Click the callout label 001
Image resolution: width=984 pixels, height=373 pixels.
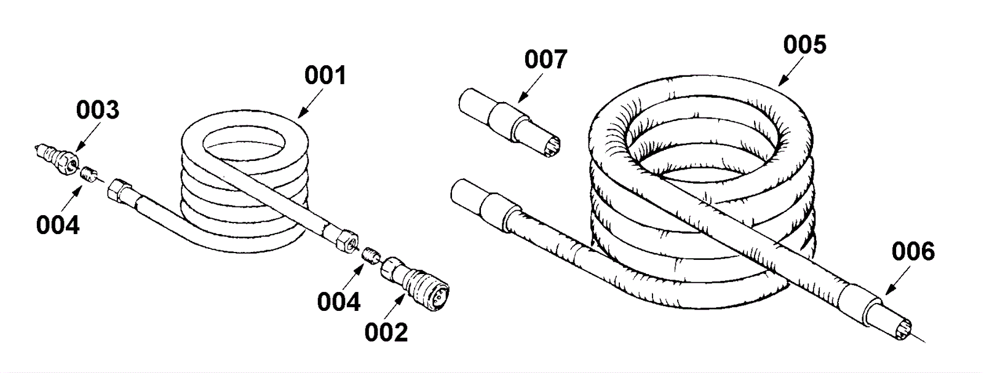[325, 76]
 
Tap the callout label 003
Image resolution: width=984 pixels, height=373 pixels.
[97, 111]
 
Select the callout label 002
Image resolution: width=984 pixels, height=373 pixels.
[386, 332]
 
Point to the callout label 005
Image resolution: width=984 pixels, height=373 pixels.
[804, 45]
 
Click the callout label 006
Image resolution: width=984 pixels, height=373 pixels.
[913, 251]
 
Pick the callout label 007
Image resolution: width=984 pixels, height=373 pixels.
[545, 60]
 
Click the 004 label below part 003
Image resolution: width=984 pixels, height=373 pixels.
[58, 225]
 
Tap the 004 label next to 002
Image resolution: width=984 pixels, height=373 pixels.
[339, 301]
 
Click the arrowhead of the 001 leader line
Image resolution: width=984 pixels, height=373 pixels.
[300, 116]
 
